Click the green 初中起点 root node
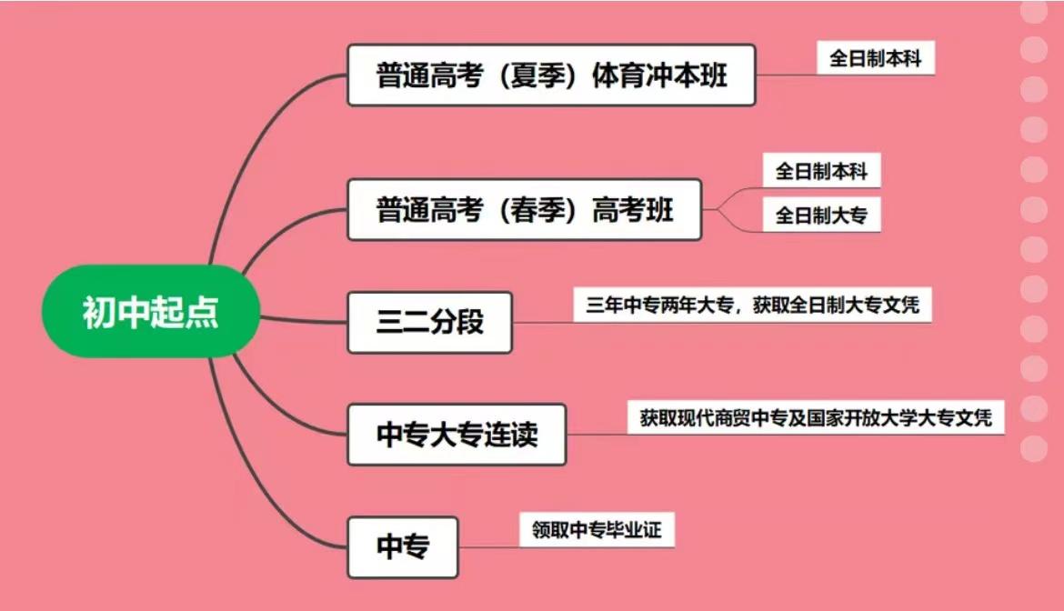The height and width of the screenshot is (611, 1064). tap(151, 312)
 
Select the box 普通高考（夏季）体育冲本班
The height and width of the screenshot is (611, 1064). tap(551, 75)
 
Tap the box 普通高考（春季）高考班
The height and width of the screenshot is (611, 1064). tap(525, 210)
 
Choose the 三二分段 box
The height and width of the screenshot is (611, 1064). tap(429, 322)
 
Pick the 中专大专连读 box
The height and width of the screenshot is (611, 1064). tap(457, 435)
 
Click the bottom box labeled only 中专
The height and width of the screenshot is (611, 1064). tap(403, 547)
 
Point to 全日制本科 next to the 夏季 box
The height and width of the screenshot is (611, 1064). tap(875, 59)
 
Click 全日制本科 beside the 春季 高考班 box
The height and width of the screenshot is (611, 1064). tap(821, 171)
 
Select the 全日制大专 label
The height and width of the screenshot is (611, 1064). tap(821, 216)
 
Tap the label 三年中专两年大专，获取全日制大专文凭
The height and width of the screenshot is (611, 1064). tap(751, 304)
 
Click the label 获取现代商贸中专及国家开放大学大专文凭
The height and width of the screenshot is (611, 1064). tap(816, 418)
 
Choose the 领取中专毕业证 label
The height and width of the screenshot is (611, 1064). tap(597, 530)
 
